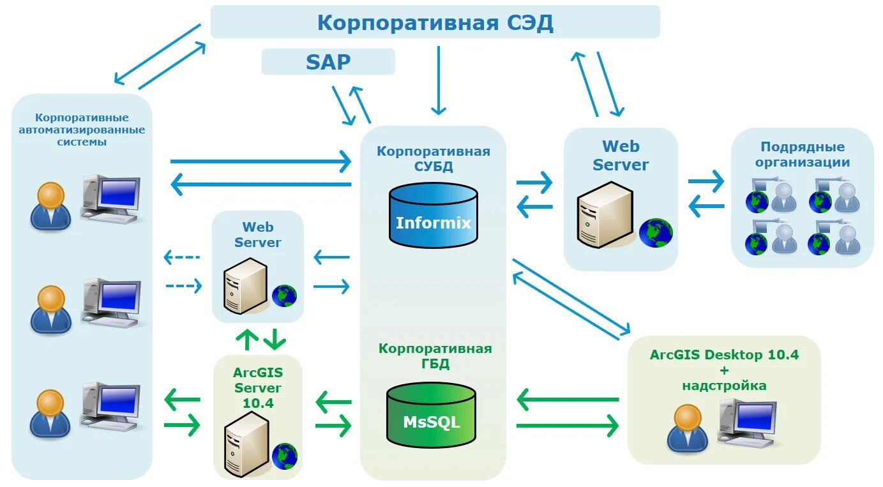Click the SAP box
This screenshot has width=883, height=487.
click(328, 61)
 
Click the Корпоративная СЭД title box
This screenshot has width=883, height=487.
click(435, 22)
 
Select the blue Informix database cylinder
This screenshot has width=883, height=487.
click(434, 215)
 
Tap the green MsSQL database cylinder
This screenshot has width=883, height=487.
click(431, 415)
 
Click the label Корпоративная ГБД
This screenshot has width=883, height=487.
click(435, 356)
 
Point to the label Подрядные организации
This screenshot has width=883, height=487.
click(803, 154)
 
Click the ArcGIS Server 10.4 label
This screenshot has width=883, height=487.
click(258, 387)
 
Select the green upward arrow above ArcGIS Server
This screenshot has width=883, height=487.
click(247, 340)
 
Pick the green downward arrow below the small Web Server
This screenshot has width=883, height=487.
click(275, 340)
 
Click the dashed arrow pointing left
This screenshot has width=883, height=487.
click(182, 257)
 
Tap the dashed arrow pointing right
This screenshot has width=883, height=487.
click(184, 286)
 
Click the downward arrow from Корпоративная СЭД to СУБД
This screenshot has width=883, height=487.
click(439, 80)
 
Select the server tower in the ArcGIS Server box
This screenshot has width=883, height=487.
click(246, 444)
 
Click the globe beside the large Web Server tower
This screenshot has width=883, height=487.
click(656, 233)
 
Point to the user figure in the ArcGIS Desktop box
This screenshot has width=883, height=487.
click(688, 428)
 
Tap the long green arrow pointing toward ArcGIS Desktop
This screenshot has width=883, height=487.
click(568, 426)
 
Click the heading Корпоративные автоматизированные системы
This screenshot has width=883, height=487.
click(82, 130)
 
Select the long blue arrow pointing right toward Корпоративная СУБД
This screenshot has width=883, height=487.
click(260, 161)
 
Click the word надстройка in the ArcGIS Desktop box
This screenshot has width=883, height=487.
click(725, 386)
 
